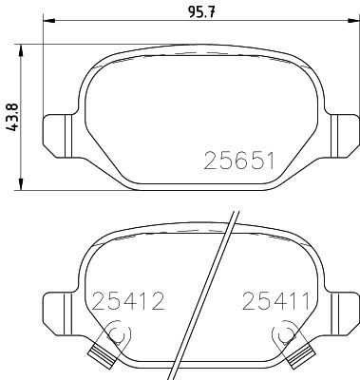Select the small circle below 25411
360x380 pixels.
[x=282, y=334]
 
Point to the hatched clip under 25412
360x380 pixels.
[x=98, y=355]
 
